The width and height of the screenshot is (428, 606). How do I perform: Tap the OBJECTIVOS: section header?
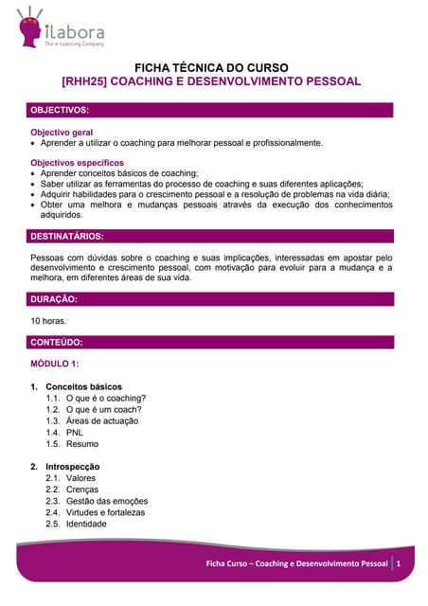tap(61, 110)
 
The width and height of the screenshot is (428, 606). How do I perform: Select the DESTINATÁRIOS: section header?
tap(67, 236)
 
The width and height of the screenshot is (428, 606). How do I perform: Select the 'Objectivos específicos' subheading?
tap(77, 163)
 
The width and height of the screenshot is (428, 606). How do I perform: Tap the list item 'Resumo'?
tap(82, 444)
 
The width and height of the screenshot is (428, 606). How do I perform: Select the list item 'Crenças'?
tap(83, 490)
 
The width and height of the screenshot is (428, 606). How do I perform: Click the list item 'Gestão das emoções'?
tap(107, 501)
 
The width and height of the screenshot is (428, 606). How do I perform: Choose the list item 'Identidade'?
tap(87, 524)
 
